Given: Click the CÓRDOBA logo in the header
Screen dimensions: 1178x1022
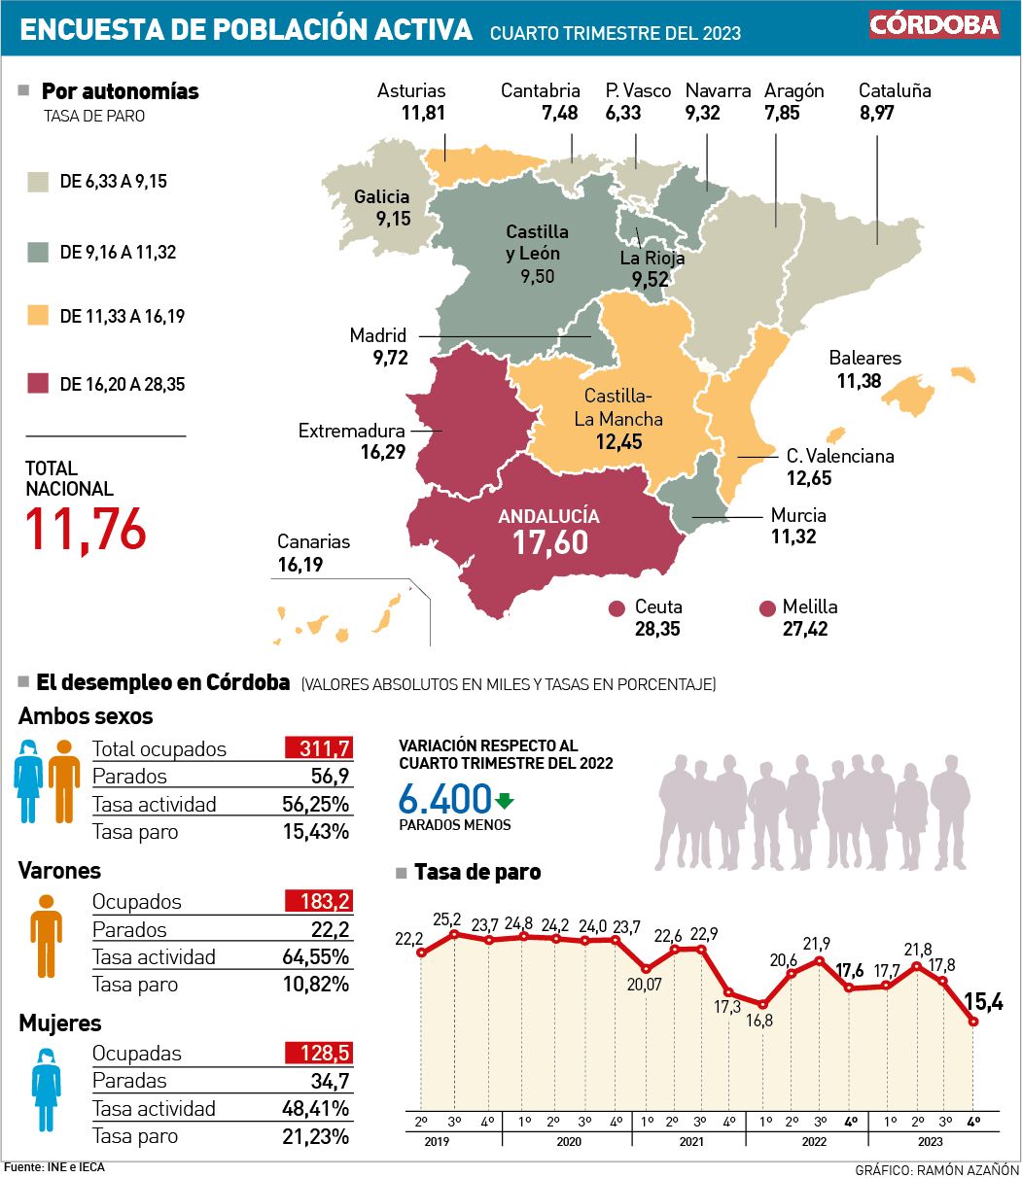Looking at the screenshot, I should point(934,24).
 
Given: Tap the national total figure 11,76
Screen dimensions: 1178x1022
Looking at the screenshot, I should point(87,529).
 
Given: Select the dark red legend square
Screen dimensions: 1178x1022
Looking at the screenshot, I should point(38,383).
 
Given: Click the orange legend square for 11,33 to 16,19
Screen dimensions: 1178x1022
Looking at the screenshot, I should point(38,316).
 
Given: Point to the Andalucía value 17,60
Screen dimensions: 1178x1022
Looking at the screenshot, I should point(550,542).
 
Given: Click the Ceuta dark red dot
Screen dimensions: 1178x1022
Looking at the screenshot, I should point(616,609).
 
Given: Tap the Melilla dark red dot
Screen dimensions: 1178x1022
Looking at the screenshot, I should point(767,609).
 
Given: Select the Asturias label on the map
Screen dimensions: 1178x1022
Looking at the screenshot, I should point(411,90).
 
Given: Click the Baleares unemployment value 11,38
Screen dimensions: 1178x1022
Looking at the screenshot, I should point(859,381).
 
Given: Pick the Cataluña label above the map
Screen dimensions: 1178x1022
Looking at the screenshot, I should point(895,90).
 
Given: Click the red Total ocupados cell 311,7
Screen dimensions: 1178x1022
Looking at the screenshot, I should point(318,748).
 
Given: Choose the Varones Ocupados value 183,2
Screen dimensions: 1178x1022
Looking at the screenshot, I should point(318,901).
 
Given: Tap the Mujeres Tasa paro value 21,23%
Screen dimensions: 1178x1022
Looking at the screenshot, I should point(314,1136).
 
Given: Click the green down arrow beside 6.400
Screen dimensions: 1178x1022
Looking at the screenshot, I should point(504,802).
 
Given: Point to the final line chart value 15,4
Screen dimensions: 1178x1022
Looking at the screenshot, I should point(983,1000).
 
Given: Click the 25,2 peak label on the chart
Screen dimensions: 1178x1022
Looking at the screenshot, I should point(447,918).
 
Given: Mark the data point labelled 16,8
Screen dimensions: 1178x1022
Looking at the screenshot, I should point(762,1005).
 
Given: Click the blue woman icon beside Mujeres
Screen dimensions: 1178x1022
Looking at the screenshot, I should point(46,1075).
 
